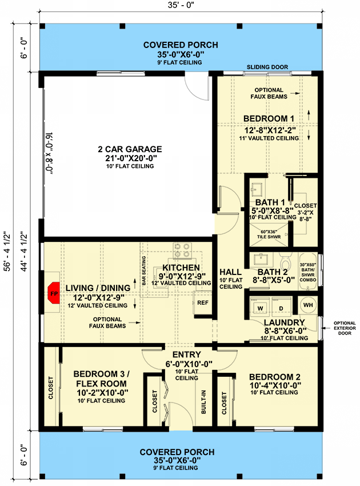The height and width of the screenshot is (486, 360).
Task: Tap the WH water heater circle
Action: pos(307,305)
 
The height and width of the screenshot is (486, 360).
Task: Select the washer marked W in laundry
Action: pos(260,309)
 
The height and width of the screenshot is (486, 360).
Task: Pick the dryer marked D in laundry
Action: pos(281,309)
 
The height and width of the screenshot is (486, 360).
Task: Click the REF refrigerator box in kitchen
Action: pos(202,302)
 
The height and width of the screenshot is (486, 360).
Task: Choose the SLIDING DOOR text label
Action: pos(267,67)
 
